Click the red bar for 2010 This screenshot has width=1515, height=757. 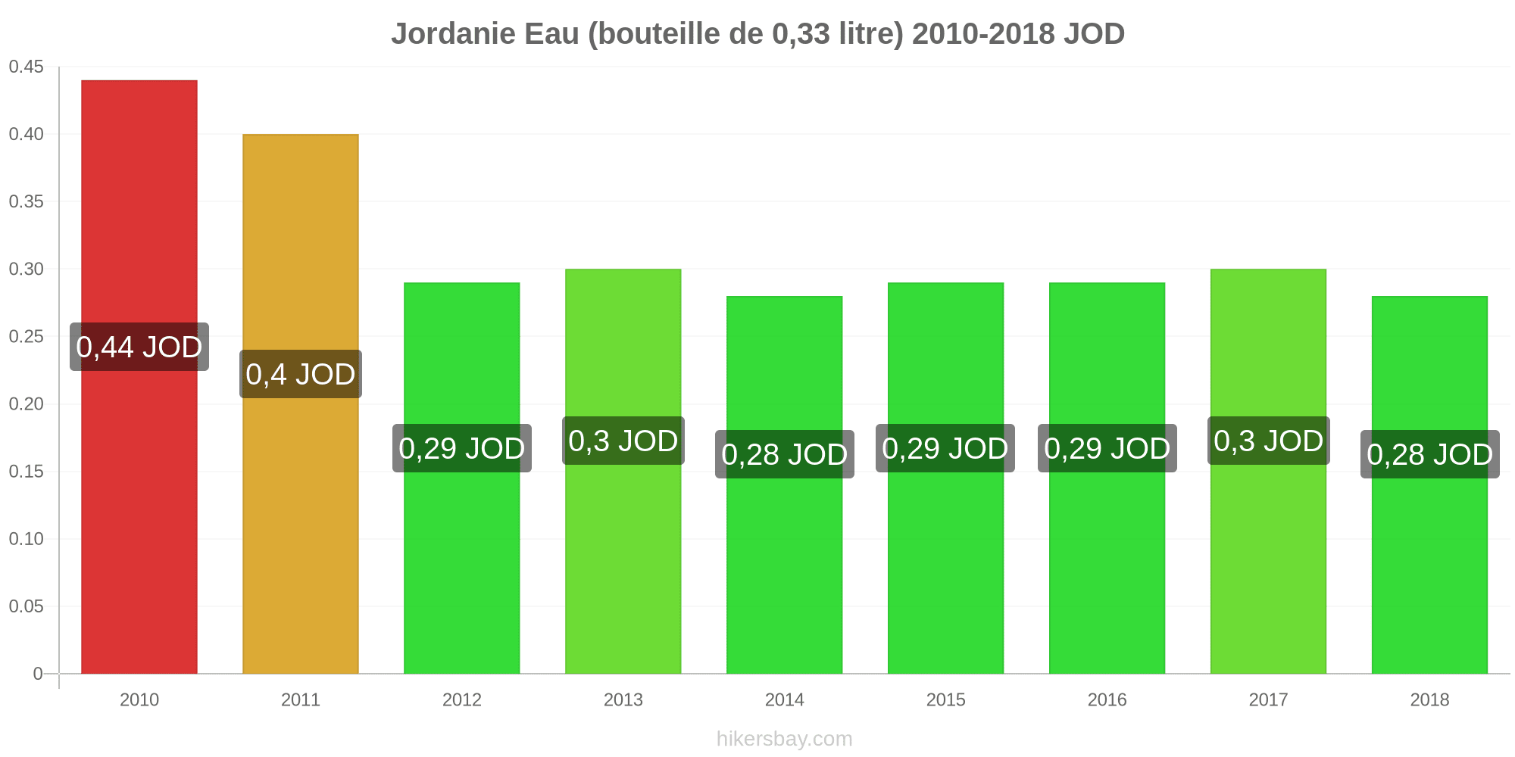click(x=139, y=377)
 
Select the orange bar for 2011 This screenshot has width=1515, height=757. click(x=301, y=404)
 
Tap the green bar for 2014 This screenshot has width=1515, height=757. click(x=785, y=485)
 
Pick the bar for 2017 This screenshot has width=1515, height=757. click(x=1268, y=472)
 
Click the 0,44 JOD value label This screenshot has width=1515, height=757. click(x=139, y=347)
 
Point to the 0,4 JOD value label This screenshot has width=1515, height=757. click(x=301, y=374)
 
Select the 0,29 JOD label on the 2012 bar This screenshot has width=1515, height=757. click(x=462, y=448)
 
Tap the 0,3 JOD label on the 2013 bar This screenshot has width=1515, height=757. click(x=623, y=441)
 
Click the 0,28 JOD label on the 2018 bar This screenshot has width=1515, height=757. click(x=1430, y=454)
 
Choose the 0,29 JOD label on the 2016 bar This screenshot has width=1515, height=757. click(x=1107, y=448)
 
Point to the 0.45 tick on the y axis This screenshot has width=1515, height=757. click(x=27, y=67)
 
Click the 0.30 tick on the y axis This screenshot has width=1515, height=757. click(x=27, y=269)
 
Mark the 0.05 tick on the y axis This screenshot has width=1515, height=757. click(x=27, y=606)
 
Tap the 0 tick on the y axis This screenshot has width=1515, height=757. click(x=38, y=674)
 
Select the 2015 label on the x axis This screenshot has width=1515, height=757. click(x=946, y=699)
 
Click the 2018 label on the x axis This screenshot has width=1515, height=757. click(x=1430, y=699)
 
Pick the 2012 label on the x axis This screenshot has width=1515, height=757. click(x=462, y=699)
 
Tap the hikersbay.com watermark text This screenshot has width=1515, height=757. click(x=785, y=739)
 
